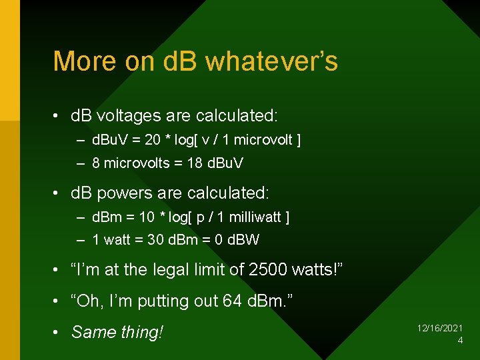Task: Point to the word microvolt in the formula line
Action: coord(265,140)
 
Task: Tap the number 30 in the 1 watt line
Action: coord(155,239)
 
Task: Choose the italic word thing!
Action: coord(142,331)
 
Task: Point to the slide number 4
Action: coord(460,341)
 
